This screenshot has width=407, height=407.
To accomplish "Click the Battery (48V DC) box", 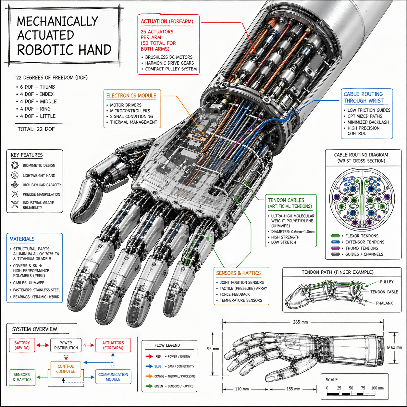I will click(22, 345).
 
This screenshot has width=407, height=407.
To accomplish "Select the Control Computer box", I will click(66, 369).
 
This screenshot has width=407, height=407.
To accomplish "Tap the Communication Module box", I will click(113, 377).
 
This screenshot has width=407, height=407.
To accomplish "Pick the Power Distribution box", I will click(66, 345).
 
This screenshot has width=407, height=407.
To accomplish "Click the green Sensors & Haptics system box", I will click(22, 377).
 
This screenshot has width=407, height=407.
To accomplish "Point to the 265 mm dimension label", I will click(300, 322).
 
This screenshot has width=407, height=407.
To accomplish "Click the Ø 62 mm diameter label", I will click(394, 347).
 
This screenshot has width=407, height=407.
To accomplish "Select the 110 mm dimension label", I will click(242, 389).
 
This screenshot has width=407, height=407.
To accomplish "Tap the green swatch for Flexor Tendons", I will click(335, 236).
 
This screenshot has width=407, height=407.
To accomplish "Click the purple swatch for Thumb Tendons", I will click(335, 248).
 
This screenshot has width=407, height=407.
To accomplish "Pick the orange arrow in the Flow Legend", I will click(149, 376).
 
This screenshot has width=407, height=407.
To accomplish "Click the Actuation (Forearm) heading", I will click(167, 22).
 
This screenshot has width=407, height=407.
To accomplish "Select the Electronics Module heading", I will click(131, 96).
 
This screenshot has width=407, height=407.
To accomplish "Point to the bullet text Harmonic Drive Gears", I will click(169, 63).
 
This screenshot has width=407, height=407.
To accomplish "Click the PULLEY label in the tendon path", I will click(387, 282).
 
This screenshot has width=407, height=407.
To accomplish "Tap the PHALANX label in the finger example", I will click(384, 303).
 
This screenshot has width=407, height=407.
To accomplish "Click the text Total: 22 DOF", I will click(36, 129).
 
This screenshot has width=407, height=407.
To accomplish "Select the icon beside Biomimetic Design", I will click(15, 166).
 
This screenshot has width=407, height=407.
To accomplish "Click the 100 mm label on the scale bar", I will click(377, 388).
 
